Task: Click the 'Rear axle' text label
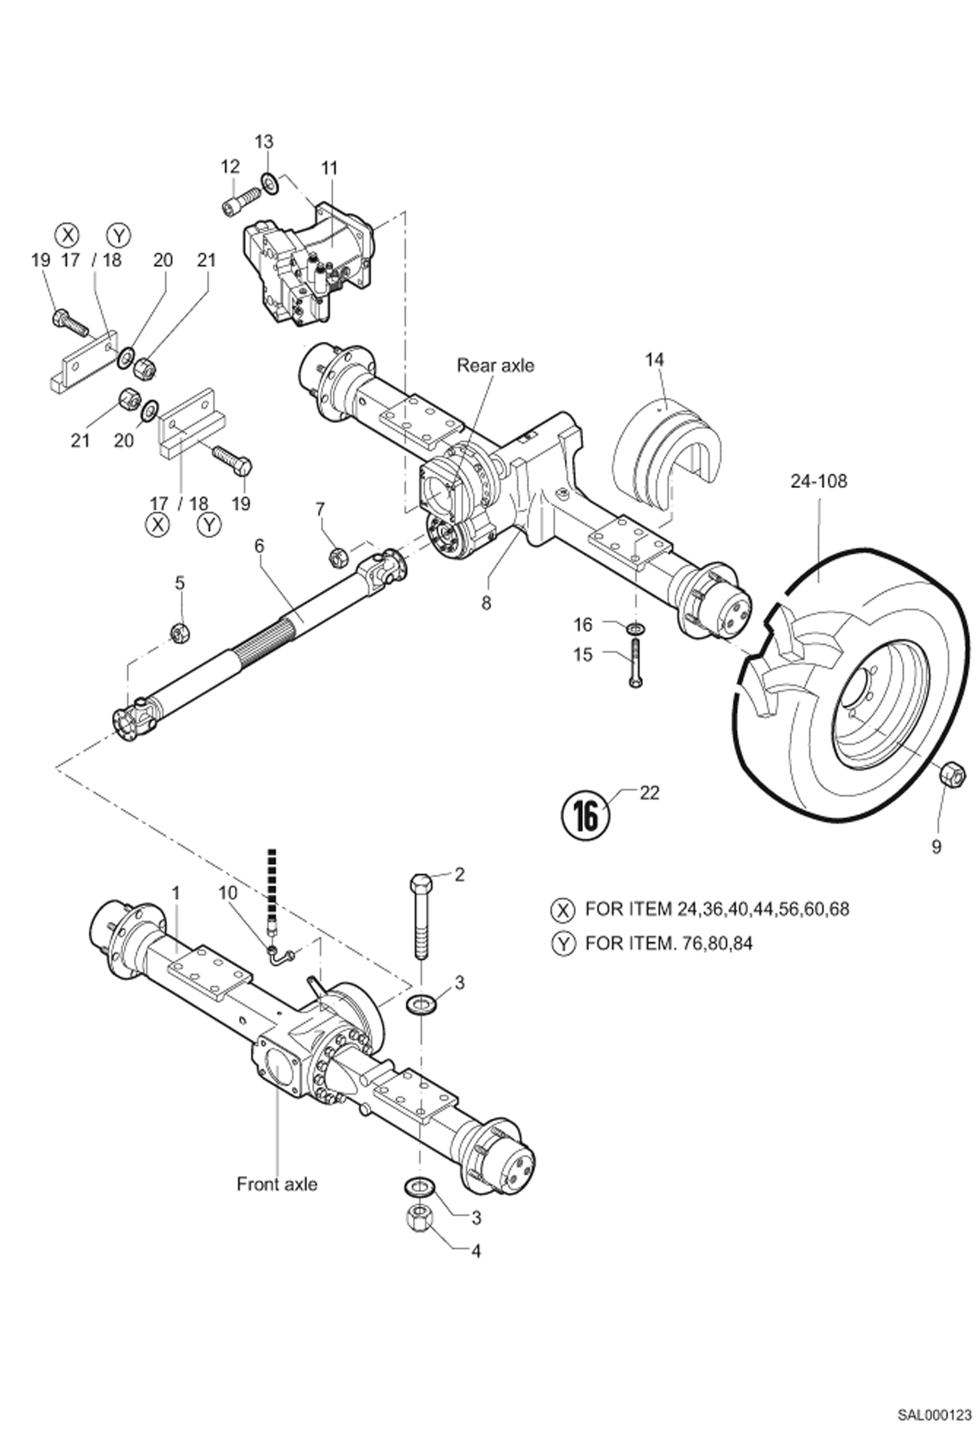tap(494, 365)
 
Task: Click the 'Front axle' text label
tap(277, 1184)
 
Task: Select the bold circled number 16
tap(585, 815)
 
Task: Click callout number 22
tap(650, 792)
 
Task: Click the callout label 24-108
tap(819, 481)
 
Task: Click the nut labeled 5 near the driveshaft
tap(179, 631)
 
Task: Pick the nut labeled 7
tap(337, 556)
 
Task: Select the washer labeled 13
tap(269, 183)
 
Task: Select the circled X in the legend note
tap(562, 909)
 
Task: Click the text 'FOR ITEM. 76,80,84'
tap(669, 943)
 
